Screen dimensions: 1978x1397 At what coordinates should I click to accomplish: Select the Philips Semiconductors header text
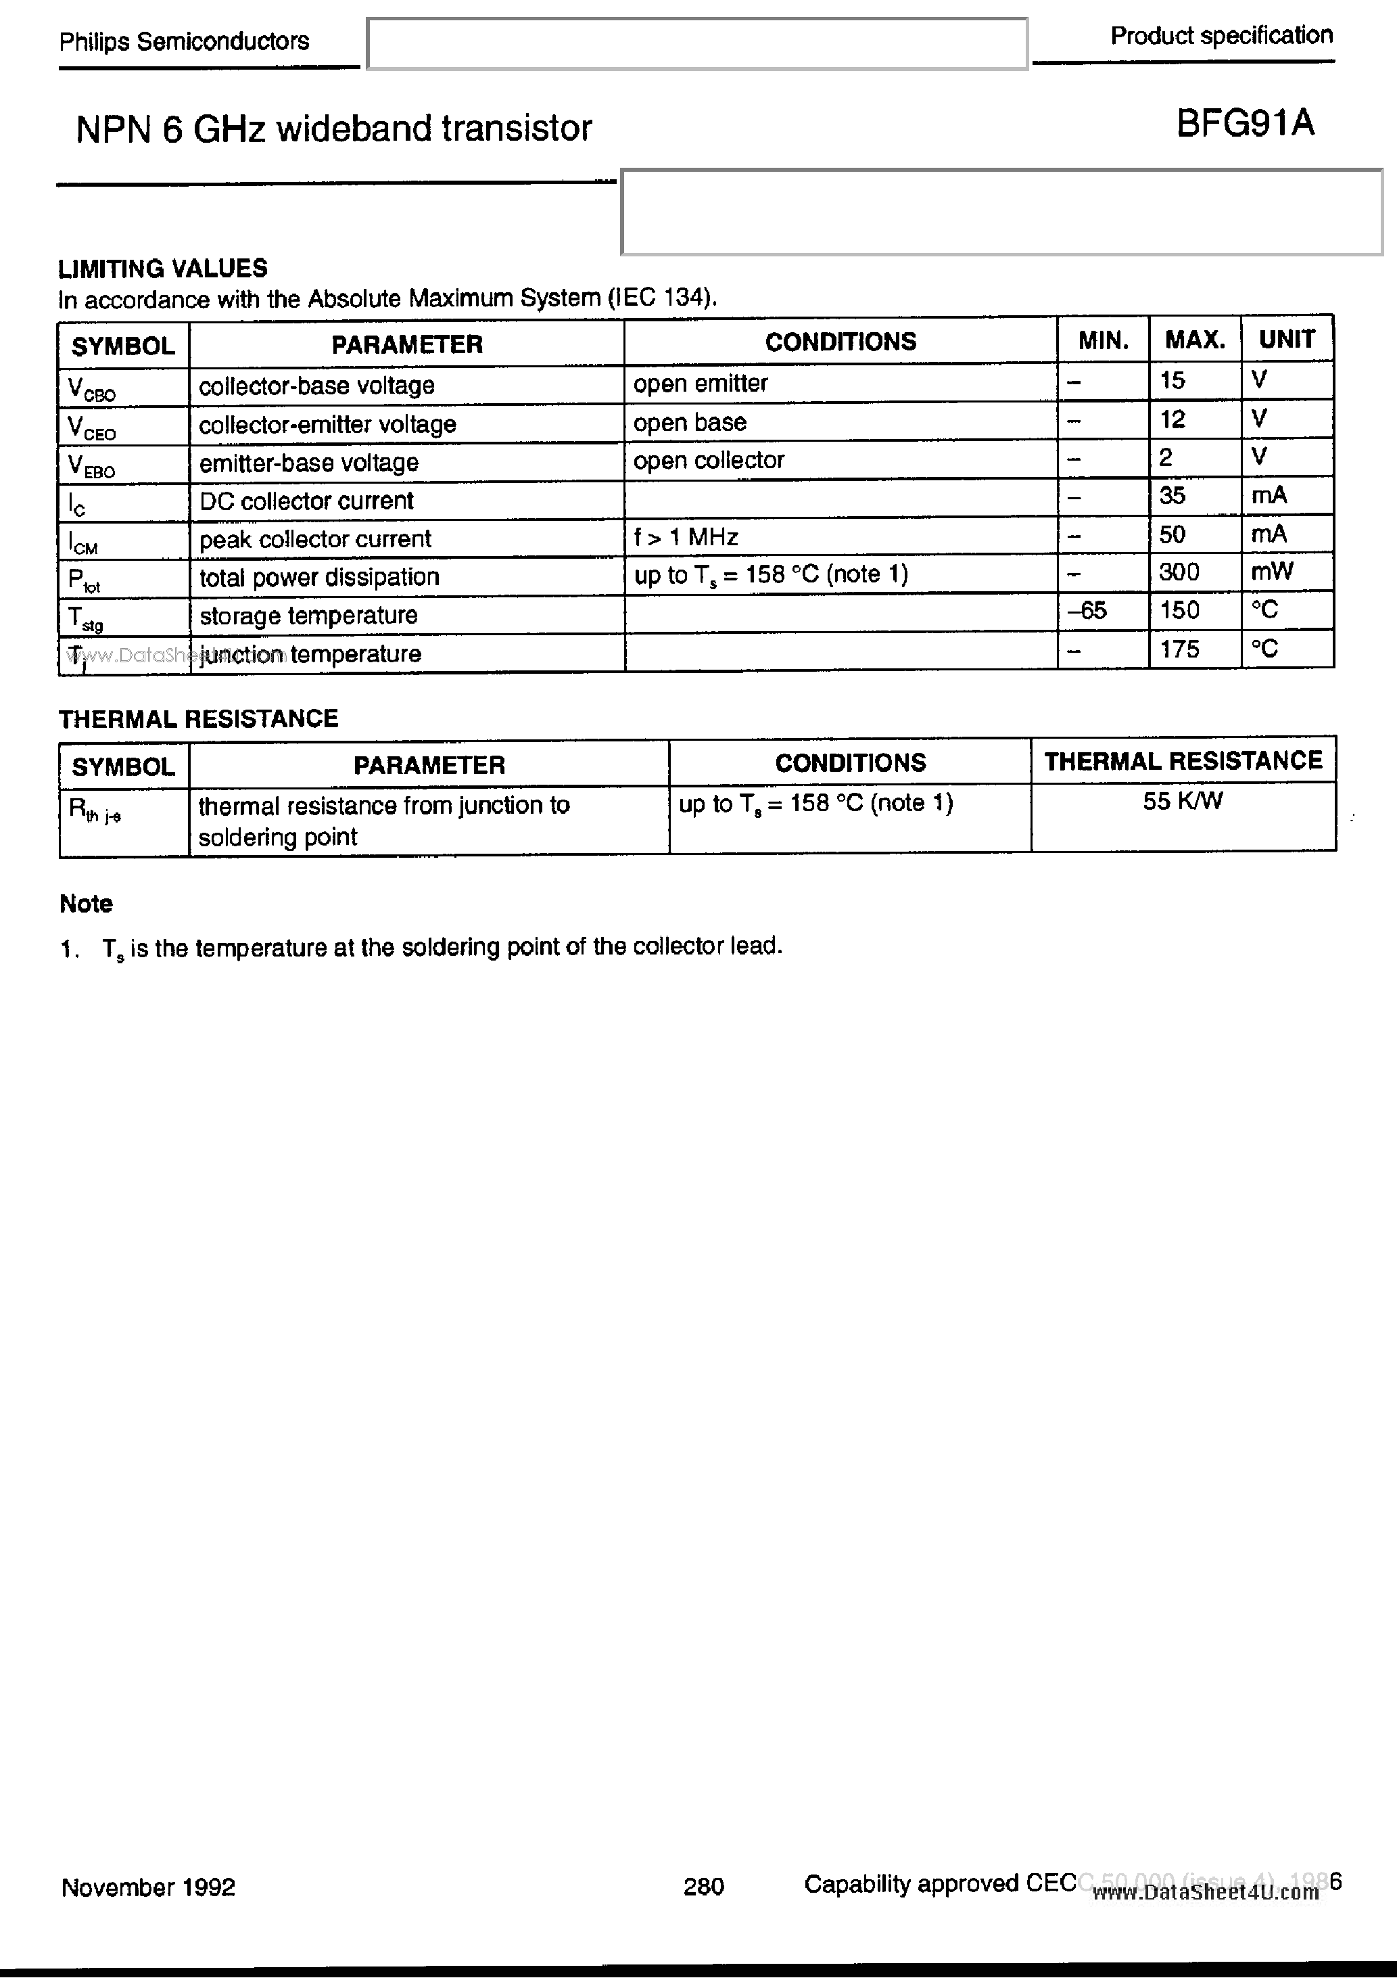pos(183,41)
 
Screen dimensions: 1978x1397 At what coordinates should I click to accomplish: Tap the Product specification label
pos(1221,36)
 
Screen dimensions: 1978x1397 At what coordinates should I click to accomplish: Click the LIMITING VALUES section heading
pos(163,269)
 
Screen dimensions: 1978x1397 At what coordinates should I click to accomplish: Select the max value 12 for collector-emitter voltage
pos(1173,419)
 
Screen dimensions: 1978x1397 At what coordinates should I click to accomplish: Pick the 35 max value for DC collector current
pos(1173,497)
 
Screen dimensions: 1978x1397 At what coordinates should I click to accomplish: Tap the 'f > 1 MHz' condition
pos(686,538)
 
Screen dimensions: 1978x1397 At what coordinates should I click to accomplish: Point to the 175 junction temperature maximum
pos(1179,649)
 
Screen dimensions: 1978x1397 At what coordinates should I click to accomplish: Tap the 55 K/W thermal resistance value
pos(1182,802)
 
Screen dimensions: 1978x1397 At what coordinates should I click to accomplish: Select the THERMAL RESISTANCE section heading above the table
pos(198,718)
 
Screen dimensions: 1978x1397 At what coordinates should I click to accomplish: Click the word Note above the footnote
pos(86,904)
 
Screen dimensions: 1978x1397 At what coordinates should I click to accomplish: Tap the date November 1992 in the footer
pos(148,1887)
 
